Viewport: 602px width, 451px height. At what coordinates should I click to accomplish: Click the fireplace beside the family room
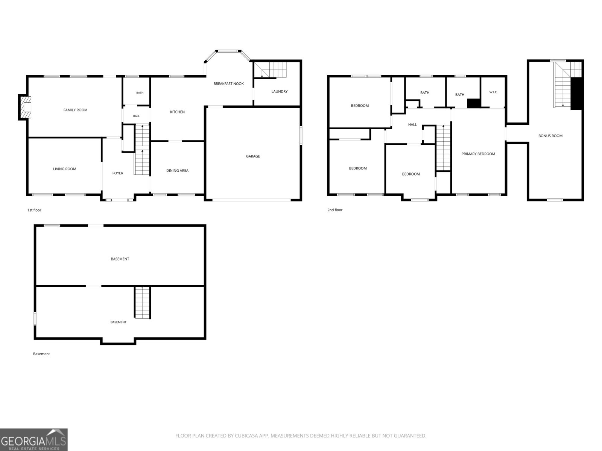coord(25,107)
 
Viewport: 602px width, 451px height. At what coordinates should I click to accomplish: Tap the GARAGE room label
coord(252,156)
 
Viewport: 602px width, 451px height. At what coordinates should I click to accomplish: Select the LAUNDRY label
coord(279,91)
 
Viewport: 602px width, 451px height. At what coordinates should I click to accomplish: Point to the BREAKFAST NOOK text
coord(228,83)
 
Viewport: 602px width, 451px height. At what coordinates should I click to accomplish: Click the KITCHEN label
coord(177,112)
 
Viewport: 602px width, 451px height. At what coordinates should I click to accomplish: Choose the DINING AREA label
coord(177,171)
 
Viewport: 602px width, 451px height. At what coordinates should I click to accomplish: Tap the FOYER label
coord(118,173)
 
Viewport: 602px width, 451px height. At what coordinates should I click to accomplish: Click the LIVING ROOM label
coord(64,169)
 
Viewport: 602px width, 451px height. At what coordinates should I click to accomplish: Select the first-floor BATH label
coord(140,92)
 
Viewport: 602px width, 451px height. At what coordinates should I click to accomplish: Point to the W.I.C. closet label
coord(493,92)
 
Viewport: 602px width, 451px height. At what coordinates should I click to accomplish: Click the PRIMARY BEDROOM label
coord(478,154)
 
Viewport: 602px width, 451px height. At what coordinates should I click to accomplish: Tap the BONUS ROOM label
coord(550,136)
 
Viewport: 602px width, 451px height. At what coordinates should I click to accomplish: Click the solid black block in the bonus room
coord(576,94)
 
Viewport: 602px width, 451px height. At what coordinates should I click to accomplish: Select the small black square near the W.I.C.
coord(474,103)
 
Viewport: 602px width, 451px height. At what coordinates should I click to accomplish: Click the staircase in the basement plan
coord(142,302)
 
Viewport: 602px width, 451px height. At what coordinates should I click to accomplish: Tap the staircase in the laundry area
coord(270,70)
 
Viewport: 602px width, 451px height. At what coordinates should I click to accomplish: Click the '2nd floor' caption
coord(334,210)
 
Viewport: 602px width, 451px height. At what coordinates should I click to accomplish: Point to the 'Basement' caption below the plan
coord(41,354)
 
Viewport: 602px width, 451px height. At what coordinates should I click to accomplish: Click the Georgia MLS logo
coord(34,440)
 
